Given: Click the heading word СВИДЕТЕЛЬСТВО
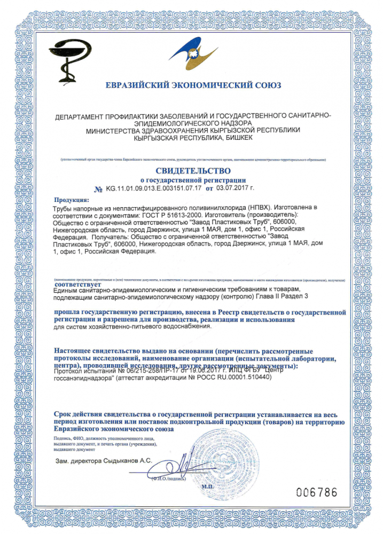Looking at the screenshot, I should pos(193,171).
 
